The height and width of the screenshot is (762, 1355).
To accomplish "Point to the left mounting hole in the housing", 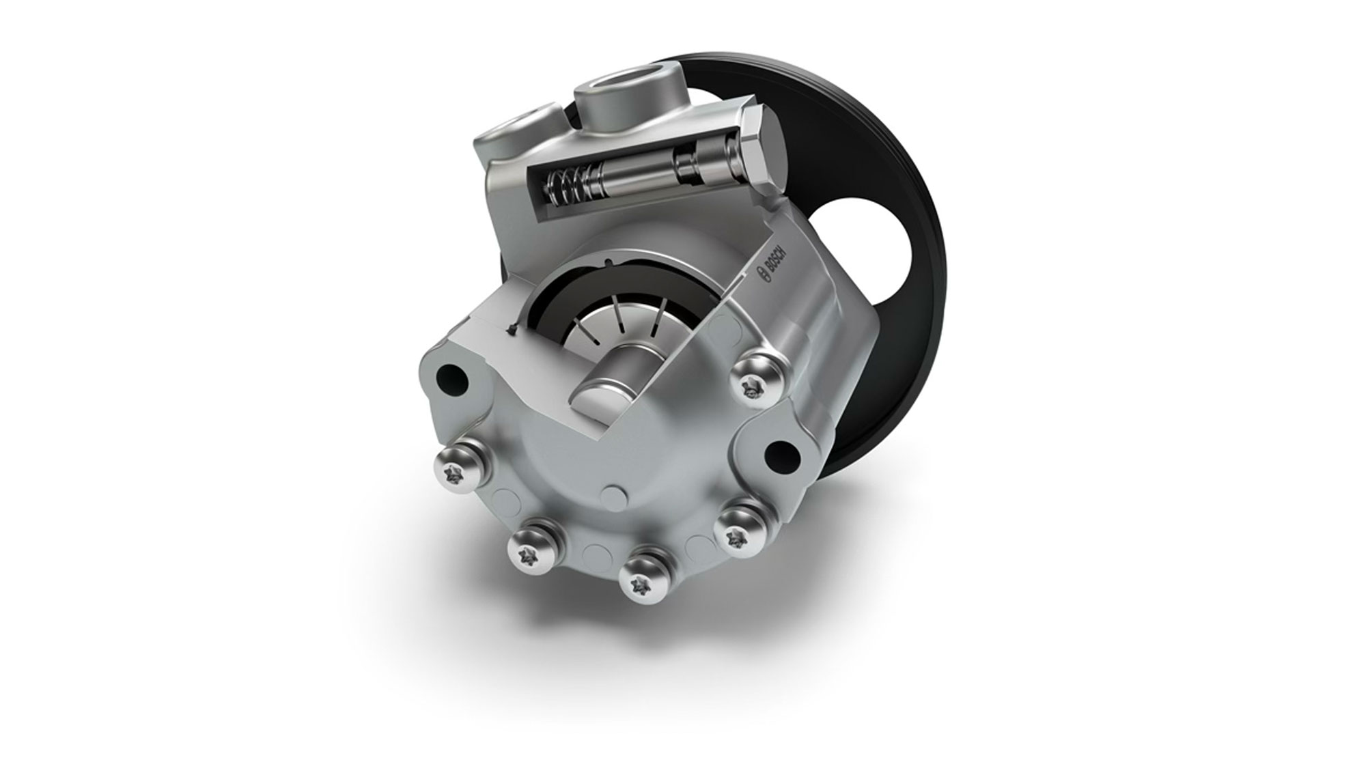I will [451, 375].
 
